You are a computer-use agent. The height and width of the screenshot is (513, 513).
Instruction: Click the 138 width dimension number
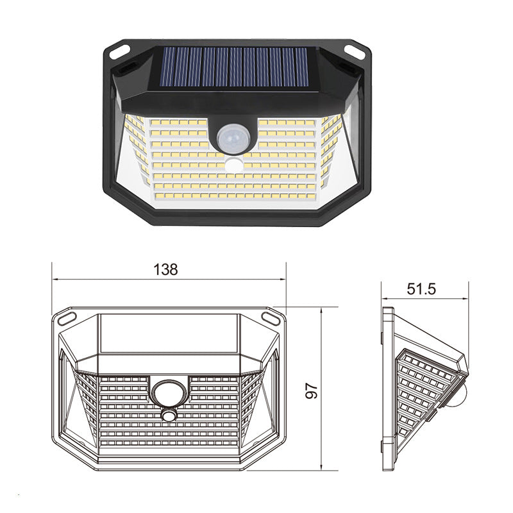click(165, 269)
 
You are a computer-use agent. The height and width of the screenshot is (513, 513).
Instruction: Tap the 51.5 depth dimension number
click(421, 289)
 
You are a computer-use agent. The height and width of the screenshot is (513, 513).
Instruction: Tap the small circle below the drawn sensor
click(169, 416)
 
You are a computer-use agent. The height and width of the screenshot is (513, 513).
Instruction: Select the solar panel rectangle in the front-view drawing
click(169, 333)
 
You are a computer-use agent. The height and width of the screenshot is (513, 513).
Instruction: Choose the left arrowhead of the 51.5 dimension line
click(385, 299)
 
